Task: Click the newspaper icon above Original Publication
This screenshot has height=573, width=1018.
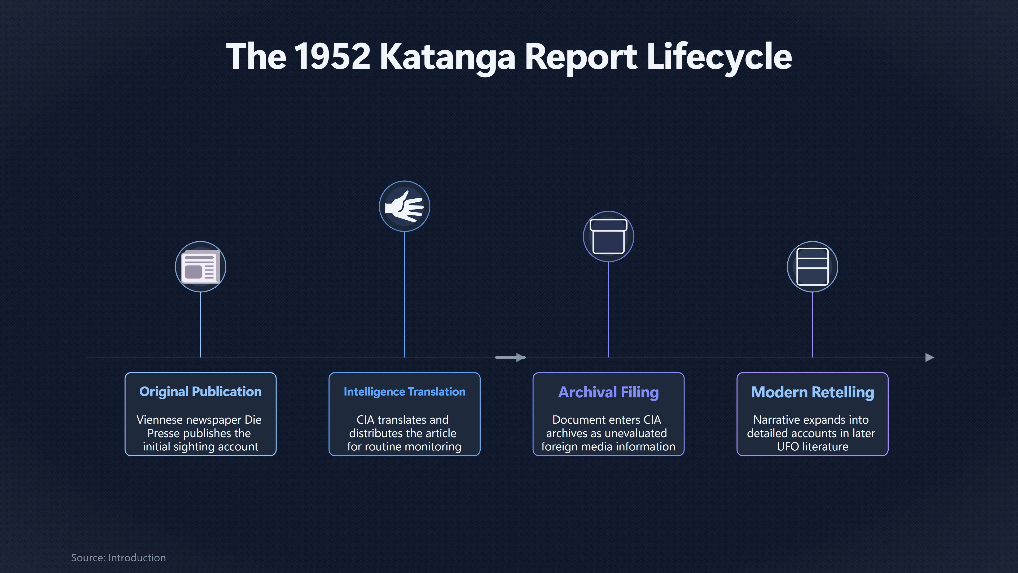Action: (x=200, y=267)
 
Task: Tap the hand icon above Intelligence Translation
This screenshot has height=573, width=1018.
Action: (x=404, y=206)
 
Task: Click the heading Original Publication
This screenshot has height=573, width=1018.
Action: (x=200, y=392)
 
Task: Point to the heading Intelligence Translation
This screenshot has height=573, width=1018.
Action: (x=404, y=392)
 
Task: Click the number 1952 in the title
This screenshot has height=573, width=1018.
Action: (x=332, y=56)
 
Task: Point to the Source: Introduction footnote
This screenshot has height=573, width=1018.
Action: (x=118, y=558)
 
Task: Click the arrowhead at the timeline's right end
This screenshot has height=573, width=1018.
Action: (x=930, y=358)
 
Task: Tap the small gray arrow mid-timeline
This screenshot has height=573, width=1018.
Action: (x=510, y=358)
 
